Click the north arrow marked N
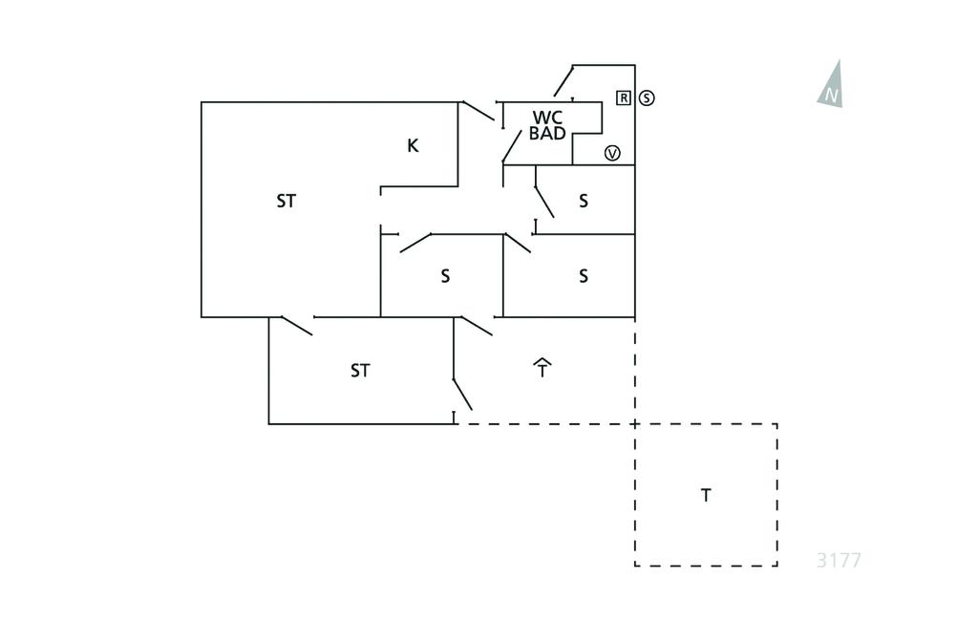coord(832,86)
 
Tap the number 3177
coord(839,560)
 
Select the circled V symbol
coord(612,153)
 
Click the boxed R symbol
coord(624,97)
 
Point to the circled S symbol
coord(647,97)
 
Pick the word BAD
coord(547,134)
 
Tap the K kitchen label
coord(413,145)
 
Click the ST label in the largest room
coord(286,201)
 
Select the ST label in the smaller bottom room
coord(359,371)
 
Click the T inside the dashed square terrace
coord(706,495)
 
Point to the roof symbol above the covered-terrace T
coord(542,361)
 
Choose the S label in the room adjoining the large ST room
coord(445,277)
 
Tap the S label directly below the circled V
coord(583,201)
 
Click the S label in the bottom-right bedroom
coord(583,277)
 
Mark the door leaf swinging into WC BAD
coord(512,145)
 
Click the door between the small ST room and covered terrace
coord(462,392)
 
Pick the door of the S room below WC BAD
coord(544,202)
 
